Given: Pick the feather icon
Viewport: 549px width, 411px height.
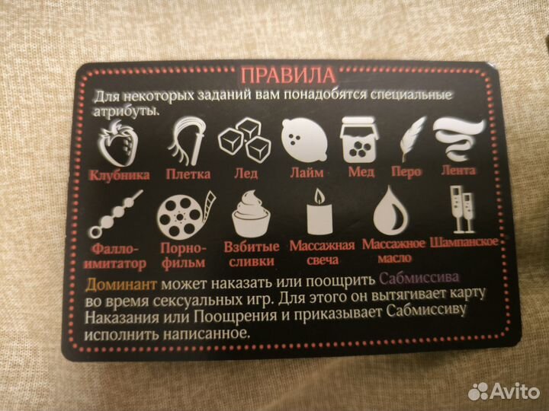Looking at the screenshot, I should pyautogui.click(x=411, y=139).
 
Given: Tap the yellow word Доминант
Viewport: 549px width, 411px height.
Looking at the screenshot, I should pyautogui.click(x=121, y=284).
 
